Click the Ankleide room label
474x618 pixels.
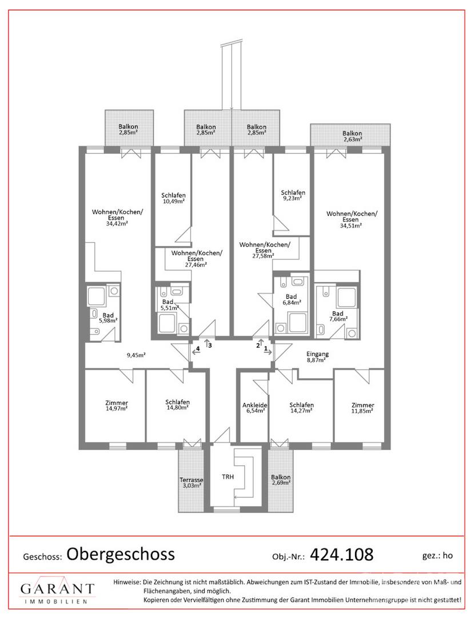coord(254,407)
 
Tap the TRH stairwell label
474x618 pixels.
coord(228,477)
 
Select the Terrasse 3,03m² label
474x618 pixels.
coord(192,483)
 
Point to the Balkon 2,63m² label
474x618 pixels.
coord(352,136)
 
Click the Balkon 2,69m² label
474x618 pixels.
coord(281,480)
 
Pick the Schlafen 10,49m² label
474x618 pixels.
coord(173,198)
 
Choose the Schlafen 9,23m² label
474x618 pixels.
coord(293,196)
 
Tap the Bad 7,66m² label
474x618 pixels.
coord(338,316)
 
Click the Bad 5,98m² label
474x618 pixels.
coord(108,318)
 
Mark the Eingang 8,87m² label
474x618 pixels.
coord(317,356)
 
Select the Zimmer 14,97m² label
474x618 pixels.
coord(117,406)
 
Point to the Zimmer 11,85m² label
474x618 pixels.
coord(363,407)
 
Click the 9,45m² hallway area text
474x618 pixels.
coord(136,355)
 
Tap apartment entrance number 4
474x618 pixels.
coord(198,348)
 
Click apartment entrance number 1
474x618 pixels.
coord(266,348)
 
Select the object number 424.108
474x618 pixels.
coord(342,554)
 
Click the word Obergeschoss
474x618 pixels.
coord(121,554)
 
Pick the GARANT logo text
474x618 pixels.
coord(58,589)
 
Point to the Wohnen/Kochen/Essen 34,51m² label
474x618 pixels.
coord(352,220)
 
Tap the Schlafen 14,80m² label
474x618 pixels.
coord(177,405)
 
